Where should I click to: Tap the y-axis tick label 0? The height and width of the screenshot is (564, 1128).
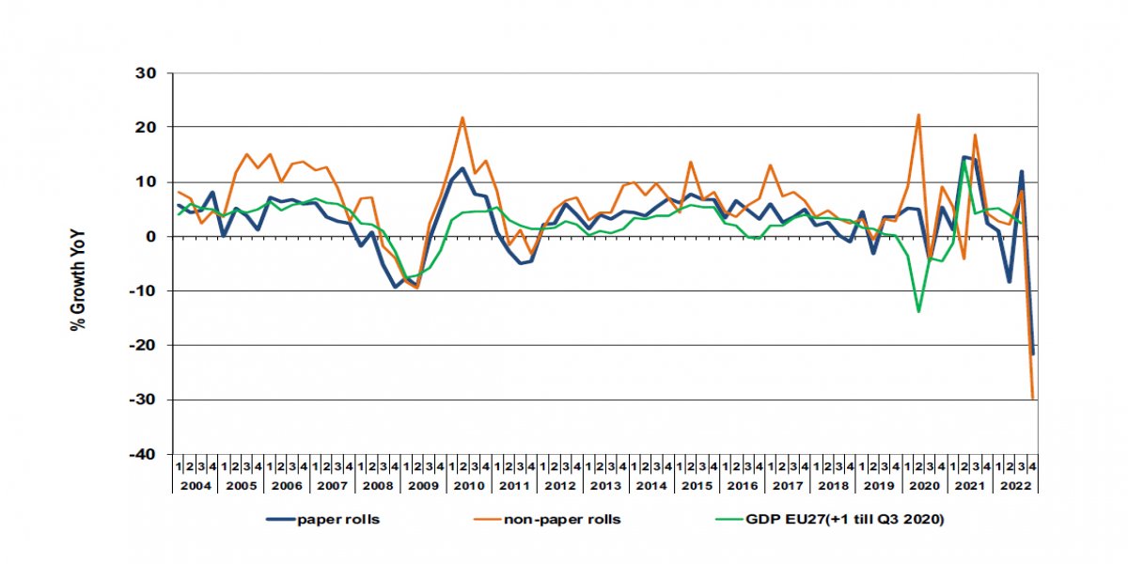(x=155, y=237)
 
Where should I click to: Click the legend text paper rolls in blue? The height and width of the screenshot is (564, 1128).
(x=338, y=519)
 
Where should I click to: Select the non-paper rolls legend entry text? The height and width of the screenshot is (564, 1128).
(x=563, y=519)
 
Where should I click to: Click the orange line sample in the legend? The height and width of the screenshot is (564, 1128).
(x=477, y=519)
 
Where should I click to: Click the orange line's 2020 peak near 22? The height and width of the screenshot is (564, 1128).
(x=918, y=115)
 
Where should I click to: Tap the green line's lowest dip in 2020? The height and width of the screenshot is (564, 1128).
(x=918, y=311)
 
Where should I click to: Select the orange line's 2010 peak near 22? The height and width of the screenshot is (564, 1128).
(x=462, y=117)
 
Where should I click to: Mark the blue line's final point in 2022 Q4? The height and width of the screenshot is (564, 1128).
(x=1032, y=353)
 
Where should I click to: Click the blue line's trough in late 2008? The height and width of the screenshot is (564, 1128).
(x=395, y=287)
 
